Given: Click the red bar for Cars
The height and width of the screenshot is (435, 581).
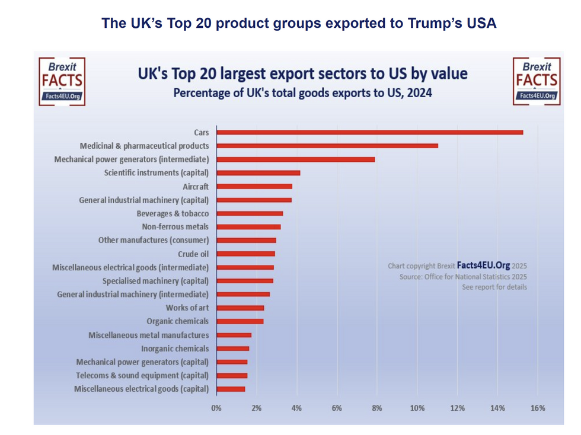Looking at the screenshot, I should click(x=369, y=132).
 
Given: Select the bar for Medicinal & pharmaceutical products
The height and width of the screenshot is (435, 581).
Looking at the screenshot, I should click(x=327, y=146).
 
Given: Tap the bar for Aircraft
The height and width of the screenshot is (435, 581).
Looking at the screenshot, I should click(x=254, y=186).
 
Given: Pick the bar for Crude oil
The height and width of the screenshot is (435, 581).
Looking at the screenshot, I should click(x=245, y=254).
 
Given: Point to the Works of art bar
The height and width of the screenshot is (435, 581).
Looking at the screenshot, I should click(x=240, y=308).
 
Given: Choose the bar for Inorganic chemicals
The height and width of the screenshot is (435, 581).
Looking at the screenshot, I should click(x=232, y=348).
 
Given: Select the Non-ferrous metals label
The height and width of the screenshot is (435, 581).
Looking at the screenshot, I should click(x=175, y=227).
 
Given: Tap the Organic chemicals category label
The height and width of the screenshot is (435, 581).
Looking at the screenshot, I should click(x=177, y=321).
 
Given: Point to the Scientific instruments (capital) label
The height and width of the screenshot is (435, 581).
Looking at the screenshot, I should click(x=156, y=173).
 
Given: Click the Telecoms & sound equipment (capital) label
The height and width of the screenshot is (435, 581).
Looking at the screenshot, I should click(x=142, y=376).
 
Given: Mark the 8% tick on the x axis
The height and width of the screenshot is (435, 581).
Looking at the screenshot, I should click(x=377, y=408).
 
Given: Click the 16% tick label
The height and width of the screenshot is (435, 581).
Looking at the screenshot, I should click(x=537, y=408).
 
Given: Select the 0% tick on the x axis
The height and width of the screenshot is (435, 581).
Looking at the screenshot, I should click(x=216, y=408).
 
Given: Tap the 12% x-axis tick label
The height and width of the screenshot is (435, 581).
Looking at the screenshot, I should click(x=457, y=408).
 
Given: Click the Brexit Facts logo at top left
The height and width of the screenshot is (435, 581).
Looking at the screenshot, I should click(x=62, y=81).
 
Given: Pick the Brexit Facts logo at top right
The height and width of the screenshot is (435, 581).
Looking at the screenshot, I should click(x=536, y=81).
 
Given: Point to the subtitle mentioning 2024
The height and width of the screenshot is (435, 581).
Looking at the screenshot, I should click(x=302, y=93).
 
